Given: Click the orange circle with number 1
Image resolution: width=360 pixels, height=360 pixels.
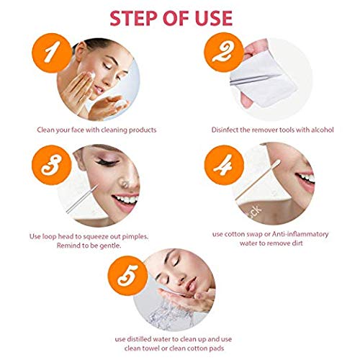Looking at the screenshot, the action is point(52,53).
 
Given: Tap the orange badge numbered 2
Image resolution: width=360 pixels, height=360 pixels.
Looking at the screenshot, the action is point(224,53).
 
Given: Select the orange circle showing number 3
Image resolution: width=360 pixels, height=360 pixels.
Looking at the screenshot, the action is point(52,165).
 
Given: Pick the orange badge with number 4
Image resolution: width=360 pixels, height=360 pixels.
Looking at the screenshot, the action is point(224,165).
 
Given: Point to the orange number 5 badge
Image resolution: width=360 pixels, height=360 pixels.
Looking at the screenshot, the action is point(127,276).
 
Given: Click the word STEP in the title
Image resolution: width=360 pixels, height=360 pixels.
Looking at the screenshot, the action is point(133,18).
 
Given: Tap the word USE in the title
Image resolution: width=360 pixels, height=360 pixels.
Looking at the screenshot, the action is point(214,18).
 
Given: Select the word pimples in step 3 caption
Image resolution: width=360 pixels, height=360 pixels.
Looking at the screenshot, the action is point(135,237).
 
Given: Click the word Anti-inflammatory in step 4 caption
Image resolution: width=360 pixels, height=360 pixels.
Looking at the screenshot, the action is point(300,234).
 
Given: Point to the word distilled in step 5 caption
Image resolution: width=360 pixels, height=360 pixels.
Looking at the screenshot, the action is point(139,339).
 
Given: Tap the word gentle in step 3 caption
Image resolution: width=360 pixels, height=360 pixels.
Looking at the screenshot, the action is point(110,246).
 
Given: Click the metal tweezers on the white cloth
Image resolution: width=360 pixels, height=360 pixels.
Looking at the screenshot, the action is point(256,79).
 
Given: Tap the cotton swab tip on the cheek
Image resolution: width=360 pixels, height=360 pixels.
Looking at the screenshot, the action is point(277,163).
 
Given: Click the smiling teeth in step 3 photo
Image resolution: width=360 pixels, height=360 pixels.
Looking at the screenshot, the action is point(125,199).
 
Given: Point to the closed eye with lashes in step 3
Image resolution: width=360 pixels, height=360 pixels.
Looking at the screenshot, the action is point(107,162).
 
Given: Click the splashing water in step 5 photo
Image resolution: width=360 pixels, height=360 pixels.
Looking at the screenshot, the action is point(168,315).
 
